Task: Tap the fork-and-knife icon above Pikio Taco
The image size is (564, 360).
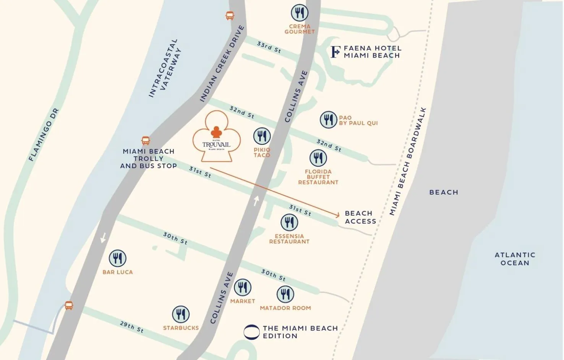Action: click(x=262, y=136)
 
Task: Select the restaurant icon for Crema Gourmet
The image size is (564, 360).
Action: click(x=300, y=13)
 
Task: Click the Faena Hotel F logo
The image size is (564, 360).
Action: click(x=335, y=52)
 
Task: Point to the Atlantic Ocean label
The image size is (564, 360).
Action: click(x=515, y=259)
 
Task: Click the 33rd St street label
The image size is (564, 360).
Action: click(x=269, y=47)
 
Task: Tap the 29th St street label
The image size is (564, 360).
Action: click(x=131, y=327)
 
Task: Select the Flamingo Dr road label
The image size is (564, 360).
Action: click(x=44, y=135)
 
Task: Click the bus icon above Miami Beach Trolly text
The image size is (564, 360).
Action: click(x=146, y=141)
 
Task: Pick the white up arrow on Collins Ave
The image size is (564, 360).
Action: click(x=256, y=201)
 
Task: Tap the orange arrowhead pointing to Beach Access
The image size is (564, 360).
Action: click(x=337, y=215)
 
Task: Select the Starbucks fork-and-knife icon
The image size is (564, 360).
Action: click(x=181, y=314)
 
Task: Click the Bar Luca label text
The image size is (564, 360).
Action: click(x=118, y=272)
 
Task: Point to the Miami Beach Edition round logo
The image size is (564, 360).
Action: click(x=251, y=332)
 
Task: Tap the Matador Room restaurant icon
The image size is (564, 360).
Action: click(x=285, y=294)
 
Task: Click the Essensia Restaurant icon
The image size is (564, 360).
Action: click(x=289, y=222)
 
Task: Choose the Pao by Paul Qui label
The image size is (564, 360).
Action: click(x=358, y=120)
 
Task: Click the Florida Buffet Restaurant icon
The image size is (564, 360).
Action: click(x=318, y=158)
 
